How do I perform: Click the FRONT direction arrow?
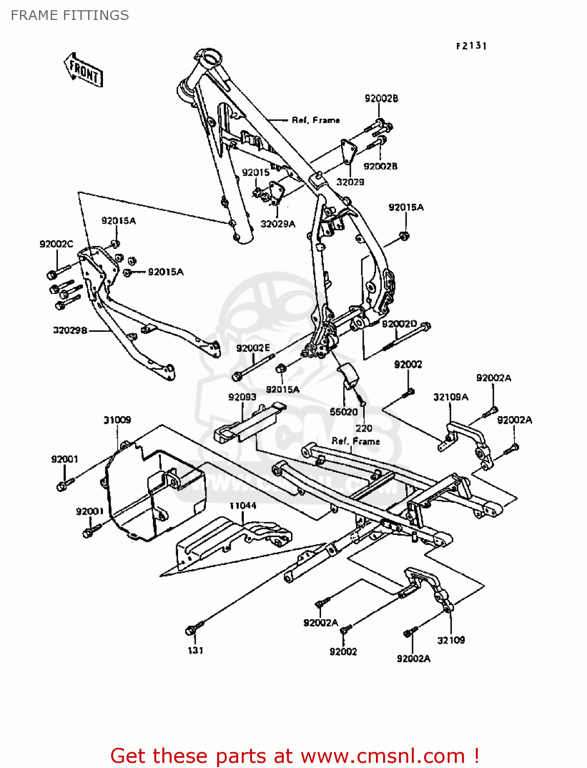[x=83, y=70]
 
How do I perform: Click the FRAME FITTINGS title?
[x=70, y=15]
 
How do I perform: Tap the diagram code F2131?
[x=471, y=46]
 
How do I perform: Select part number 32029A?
[x=278, y=224]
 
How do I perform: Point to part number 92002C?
[x=56, y=244]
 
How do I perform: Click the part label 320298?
[x=70, y=330]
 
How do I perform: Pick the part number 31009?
[x=117, y=420]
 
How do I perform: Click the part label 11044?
[x=243, y=506]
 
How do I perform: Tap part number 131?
[x=195, y=650]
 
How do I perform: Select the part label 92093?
[x=242, y=397]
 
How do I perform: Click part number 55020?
[x=344, y=412]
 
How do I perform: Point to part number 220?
[x=364, y=428]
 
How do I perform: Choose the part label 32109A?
[x=451, y=397]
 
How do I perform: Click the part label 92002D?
[x=400, y=324]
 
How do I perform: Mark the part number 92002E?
[x=253, y=348]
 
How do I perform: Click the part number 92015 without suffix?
[x=256, y=173]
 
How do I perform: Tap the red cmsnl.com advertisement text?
[x=295, y=756]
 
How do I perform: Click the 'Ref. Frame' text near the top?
[x=316, y=120]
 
